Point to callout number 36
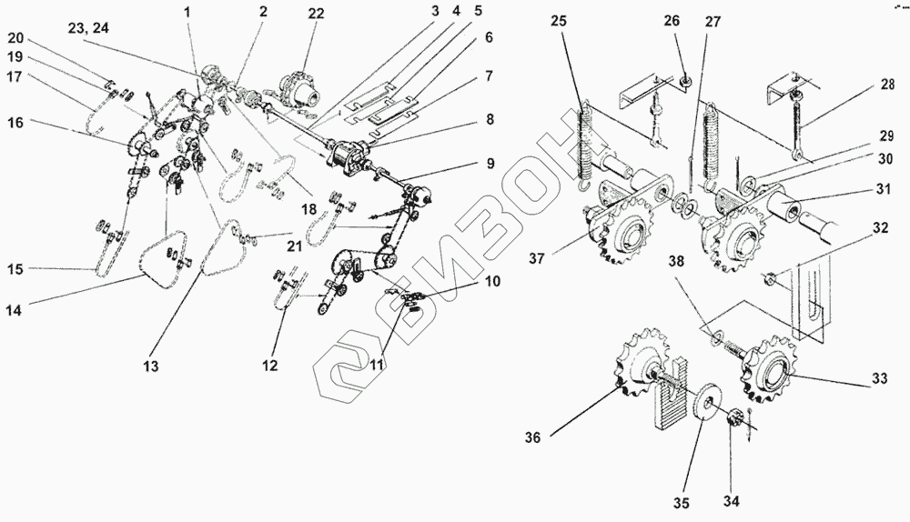pyautogui.click(x=532, y=438)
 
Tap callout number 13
pyautogui.click(x=150, y=366)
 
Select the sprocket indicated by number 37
pyautogui.click(x=618, y=236)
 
